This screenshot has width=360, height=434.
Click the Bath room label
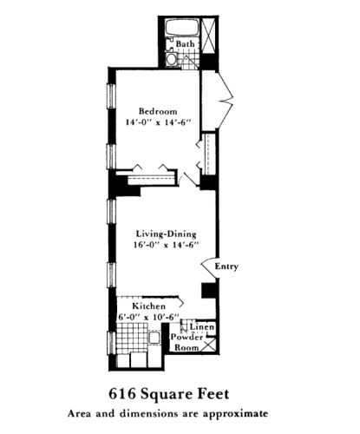click(185, 43)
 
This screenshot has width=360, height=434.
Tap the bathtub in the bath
click(185, 29)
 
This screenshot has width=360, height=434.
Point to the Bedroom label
click(159, 111)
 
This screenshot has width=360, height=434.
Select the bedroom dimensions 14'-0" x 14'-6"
click(159, 124)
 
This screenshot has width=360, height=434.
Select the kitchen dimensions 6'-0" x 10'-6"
click(149, 317)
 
